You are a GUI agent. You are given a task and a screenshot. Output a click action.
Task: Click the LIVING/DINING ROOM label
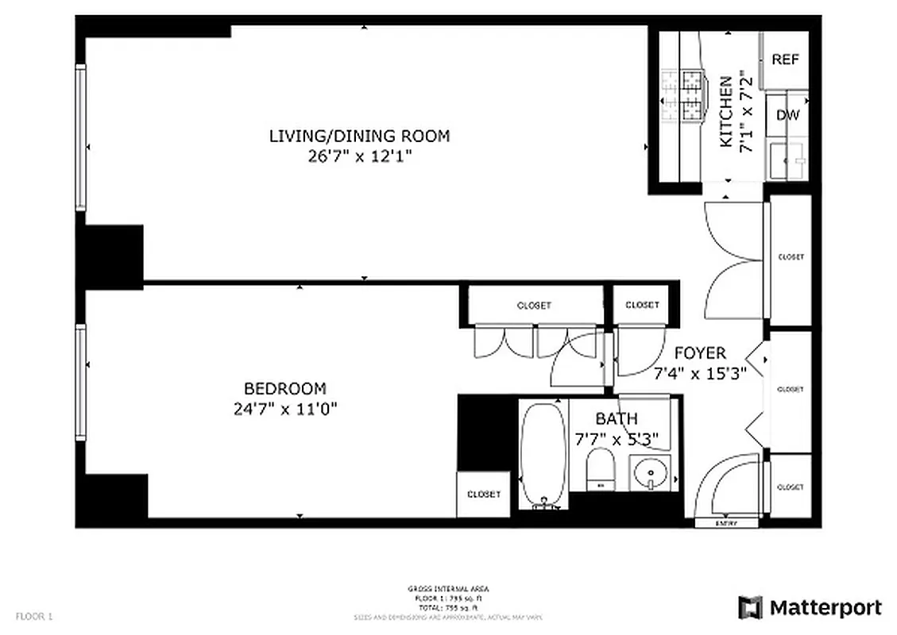359,136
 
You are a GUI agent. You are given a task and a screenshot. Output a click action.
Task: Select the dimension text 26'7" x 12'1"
359,156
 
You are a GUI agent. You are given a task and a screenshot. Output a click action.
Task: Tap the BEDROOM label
284,389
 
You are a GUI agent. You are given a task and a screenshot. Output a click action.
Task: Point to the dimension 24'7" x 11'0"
284,409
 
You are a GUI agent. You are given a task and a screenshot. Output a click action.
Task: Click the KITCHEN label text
725,111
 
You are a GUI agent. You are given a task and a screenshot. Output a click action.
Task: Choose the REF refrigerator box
785,60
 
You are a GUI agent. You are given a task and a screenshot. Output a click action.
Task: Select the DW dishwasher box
787,115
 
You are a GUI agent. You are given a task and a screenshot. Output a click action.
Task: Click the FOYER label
700,353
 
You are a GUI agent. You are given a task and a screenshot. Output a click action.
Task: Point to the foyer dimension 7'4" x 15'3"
700,374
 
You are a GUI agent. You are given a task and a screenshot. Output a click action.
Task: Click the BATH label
616,418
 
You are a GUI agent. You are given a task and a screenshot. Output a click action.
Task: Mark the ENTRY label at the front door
726,523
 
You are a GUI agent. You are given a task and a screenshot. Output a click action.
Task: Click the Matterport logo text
825,608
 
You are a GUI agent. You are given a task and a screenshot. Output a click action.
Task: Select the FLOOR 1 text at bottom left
34,616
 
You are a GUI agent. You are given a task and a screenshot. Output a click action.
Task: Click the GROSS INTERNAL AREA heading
449,589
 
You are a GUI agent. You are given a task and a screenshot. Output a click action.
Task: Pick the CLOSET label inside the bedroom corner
483,495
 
